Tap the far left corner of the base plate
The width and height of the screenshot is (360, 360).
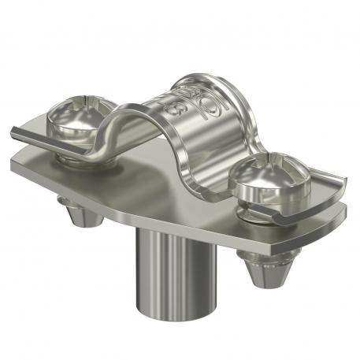(11, 161)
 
